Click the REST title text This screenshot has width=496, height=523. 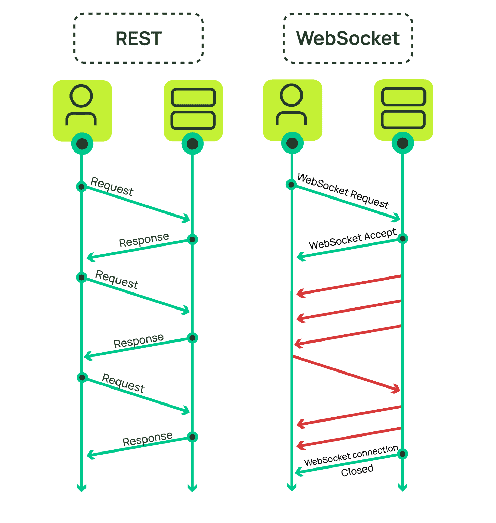[139, 38]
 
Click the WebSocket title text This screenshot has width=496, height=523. [348, 38]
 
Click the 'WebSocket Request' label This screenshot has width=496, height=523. [343, 191]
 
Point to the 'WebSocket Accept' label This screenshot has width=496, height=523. [352, 239]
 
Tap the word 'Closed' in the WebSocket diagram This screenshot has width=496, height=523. [357, 471]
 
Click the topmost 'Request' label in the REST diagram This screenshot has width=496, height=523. [112, 187]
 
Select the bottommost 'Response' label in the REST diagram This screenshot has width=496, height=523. [148, 439]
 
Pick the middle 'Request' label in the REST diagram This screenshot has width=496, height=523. [117, 280]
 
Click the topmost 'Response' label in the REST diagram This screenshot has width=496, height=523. [144, 240]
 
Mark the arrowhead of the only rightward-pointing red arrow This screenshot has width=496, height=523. [396, 389]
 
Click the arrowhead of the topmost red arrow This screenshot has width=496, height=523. [300, 293]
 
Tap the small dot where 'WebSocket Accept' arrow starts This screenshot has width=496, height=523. [403, 239]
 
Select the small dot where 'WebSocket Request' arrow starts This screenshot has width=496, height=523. [291, 185]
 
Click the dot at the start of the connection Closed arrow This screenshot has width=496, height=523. [402, 454]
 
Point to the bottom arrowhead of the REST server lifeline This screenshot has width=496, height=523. [192, 488]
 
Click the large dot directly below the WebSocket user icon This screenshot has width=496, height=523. [292, 143]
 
